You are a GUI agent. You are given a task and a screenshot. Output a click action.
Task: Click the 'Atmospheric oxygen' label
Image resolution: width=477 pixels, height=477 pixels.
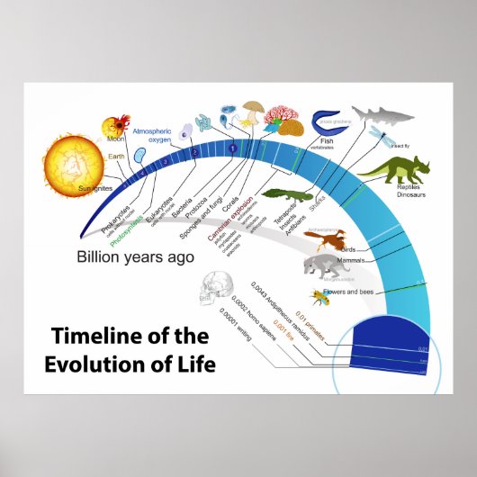152,134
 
